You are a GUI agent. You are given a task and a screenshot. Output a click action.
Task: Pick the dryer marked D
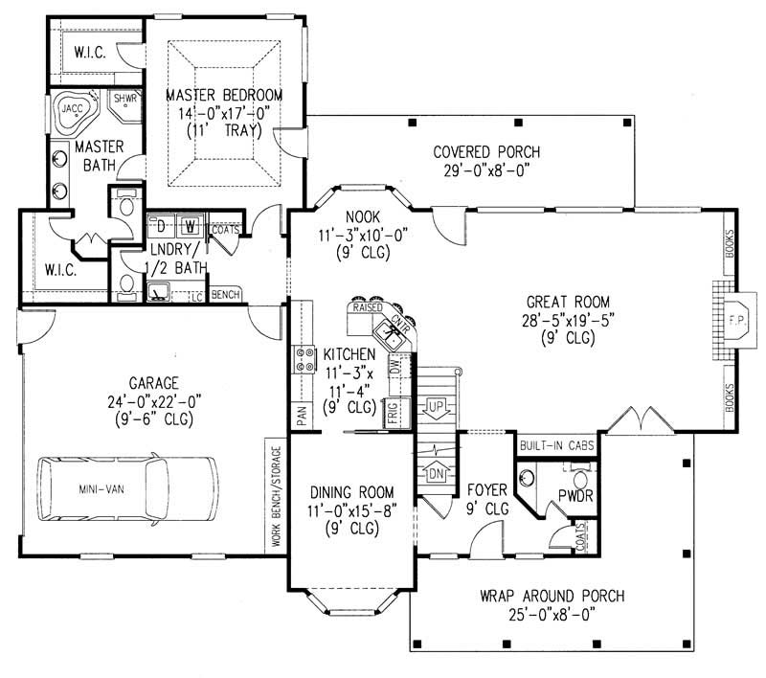coord(162,226)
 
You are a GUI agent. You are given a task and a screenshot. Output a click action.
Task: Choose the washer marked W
coord(191,226)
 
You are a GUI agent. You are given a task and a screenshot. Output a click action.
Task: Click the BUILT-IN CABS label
coord(556,445)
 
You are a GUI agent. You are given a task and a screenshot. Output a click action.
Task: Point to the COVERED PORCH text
coord(486,152)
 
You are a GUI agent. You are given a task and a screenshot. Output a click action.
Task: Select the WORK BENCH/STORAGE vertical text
coord(276,494)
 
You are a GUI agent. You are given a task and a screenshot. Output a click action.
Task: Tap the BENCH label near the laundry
coord(225,294)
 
